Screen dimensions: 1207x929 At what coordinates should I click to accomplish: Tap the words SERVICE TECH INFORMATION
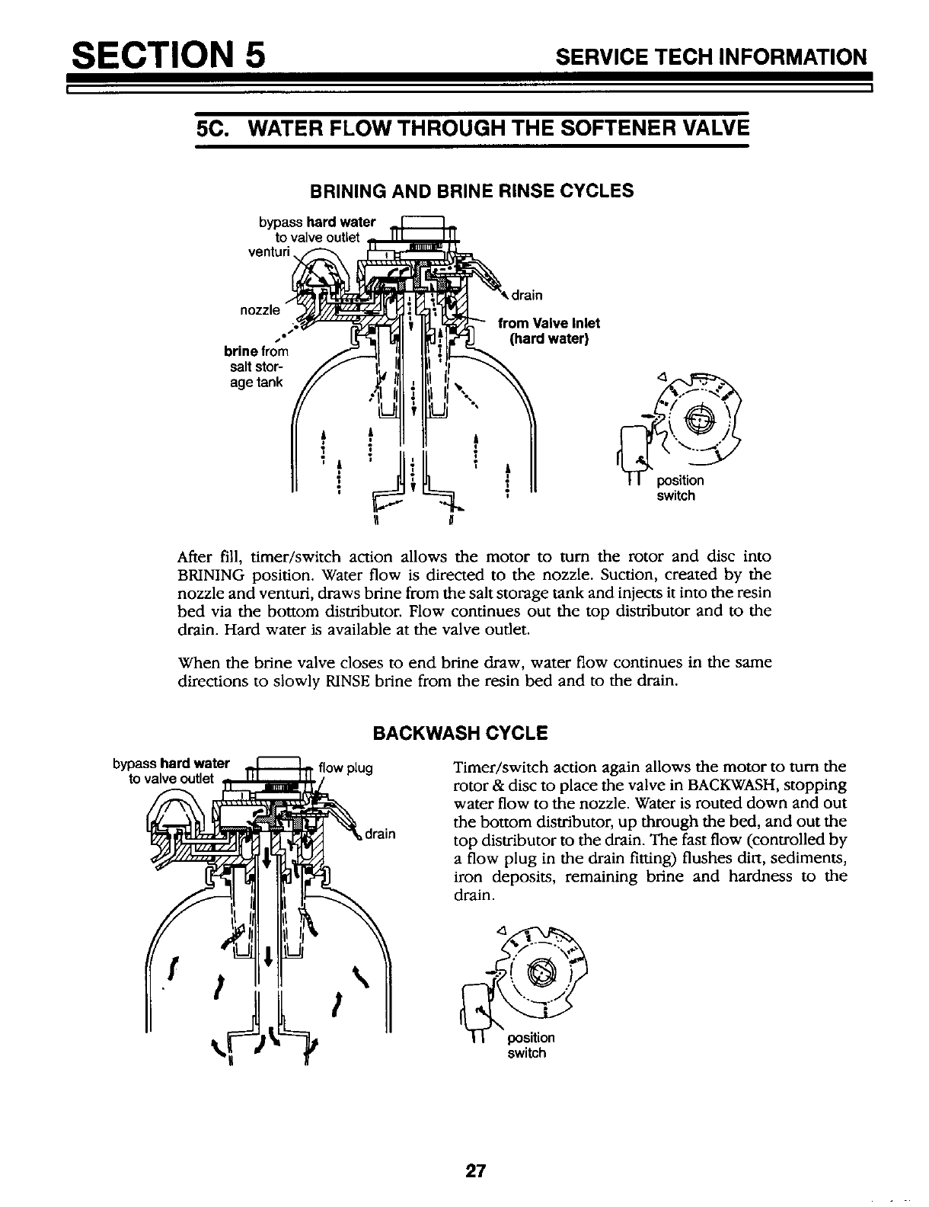click(711, 57)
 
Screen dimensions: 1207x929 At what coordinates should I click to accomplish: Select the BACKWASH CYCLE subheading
click(459, 734)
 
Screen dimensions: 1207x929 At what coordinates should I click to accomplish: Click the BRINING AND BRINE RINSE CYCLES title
click(470, 190)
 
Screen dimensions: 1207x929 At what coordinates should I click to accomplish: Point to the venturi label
click(266, 251)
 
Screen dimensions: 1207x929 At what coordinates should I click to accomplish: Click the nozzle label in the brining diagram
click(261, 310)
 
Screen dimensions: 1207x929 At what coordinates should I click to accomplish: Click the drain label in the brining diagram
click(527, 296)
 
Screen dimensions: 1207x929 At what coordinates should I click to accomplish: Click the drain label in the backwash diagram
click(380, 833)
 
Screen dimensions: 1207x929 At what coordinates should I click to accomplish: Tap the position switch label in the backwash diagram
click(531, 1045)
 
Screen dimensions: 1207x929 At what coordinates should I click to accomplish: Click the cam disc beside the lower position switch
click(541, 972)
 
